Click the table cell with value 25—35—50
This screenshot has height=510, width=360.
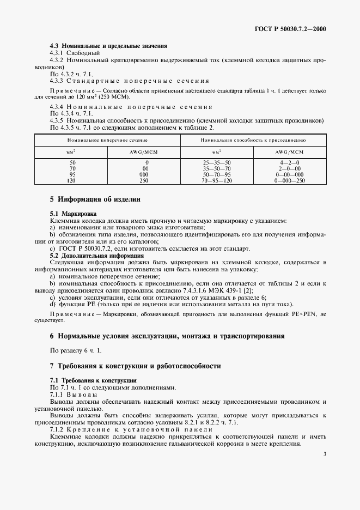point(217,162)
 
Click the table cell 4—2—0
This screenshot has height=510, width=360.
point(289,162)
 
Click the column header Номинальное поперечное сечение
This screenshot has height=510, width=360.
point(107,140)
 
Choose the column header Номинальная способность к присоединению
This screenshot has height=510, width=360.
point(253,140)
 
